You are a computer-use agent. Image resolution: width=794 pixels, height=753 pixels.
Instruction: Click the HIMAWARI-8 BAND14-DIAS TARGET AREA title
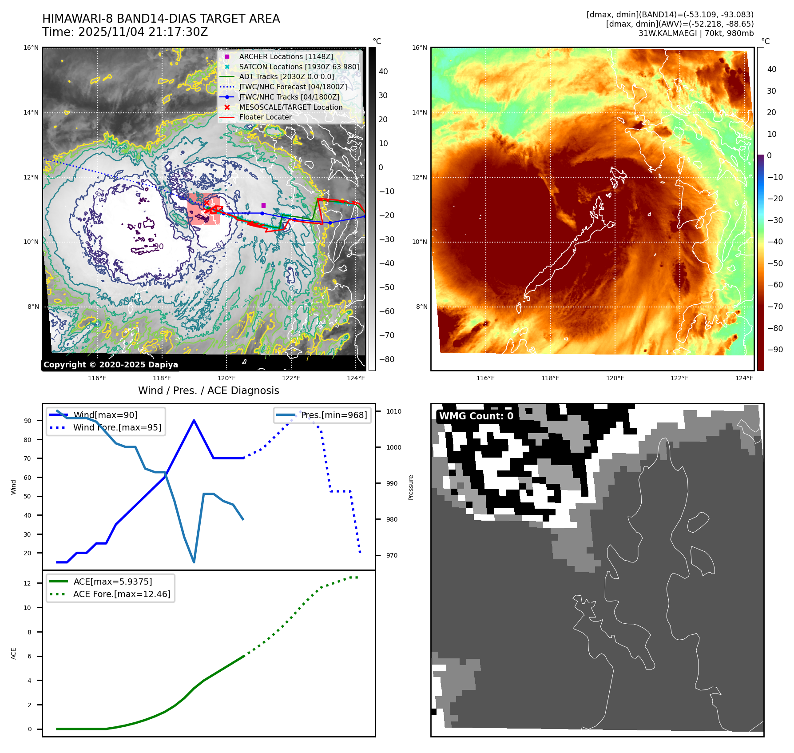(161, 19)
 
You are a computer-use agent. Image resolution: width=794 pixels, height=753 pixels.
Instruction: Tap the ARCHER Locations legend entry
(286, 56)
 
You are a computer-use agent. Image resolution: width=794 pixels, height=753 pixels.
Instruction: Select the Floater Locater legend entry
(265, 117)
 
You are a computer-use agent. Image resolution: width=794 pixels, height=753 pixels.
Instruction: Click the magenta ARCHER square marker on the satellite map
(263, 205)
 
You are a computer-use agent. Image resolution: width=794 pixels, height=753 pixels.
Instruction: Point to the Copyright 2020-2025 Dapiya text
(111, 365)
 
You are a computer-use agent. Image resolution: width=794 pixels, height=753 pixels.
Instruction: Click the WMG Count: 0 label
(476, 416)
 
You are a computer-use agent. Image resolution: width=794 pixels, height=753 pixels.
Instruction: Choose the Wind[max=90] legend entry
(105, 415)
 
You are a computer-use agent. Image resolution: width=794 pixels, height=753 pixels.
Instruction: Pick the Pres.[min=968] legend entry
(333, 415)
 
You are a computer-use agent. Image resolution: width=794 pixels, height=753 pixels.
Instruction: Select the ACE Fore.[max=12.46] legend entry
(121, 594)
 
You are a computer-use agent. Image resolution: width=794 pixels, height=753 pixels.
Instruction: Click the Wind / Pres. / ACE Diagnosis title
(209, 390)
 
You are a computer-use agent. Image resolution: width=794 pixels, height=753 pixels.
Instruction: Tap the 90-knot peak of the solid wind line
(194, 420)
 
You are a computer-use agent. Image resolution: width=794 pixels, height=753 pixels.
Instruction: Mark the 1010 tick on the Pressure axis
(393, 411)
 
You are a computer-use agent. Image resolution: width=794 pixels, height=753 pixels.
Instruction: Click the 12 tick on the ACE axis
(28, 583)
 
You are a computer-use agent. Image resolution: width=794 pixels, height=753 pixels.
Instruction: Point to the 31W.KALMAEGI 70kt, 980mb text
(696, 33)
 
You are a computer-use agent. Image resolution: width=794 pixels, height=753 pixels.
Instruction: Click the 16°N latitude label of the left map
(31, 48)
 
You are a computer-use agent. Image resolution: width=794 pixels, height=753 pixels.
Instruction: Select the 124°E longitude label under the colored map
(744, 378)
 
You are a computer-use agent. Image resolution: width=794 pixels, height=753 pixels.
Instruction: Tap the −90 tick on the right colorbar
(775, 350)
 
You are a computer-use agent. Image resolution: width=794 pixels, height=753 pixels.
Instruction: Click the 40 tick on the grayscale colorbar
(383, 72)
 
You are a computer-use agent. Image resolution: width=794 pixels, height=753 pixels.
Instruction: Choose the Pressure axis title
(411, 487)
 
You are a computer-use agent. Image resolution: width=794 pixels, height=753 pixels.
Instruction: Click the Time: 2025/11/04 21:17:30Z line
(125, 32)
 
